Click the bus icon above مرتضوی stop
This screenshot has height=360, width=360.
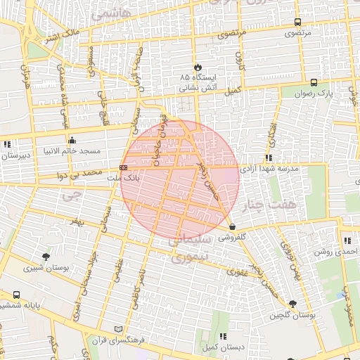click(x=298, y=22)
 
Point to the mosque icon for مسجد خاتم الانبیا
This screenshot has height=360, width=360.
click(x=72, y=141)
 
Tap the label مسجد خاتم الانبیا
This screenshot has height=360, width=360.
click(x=72, y=150)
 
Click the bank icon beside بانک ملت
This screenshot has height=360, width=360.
click(x=124, y=168)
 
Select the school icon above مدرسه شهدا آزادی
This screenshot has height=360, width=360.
click(x=269, y=158)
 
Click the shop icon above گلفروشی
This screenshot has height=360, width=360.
click(x=232, y=226)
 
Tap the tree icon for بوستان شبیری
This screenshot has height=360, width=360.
click(x=46, y=257)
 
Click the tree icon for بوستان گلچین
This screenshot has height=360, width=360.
click(x=292, y=304)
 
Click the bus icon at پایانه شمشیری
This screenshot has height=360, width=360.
click(x=15, y=295)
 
